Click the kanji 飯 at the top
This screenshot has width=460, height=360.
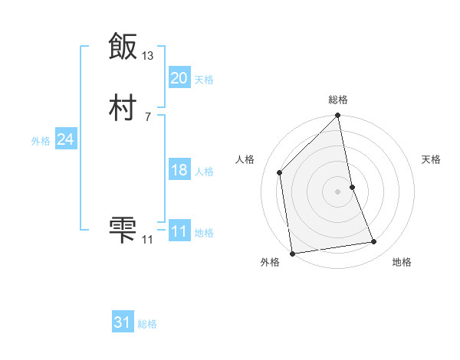(x=123, y=46)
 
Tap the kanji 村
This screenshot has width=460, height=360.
(x=123, y=108)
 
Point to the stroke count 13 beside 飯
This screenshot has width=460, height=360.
(x=148, y=56)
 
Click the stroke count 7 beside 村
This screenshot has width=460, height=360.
(x=148, y=117)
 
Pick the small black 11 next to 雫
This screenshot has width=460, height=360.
(x=148, y=240)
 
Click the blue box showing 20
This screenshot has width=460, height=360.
(x=179, y=78)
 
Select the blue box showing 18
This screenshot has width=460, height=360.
(x=179, y=170)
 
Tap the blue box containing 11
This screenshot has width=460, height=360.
(x=179, y=231)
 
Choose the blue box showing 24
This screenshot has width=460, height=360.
(x=65, y=139)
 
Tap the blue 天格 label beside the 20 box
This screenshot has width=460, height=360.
(x=204, y=80)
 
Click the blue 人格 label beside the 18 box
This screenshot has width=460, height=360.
(x=204, y=172)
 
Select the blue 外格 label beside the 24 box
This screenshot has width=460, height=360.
(x=41, y=141)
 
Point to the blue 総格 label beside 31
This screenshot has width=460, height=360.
(x=147, y=325)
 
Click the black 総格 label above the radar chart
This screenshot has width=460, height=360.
(x=338, y=100)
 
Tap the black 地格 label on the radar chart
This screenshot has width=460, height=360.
(x=402, y=263)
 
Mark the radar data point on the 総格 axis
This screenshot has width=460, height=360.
(x=338, y=116)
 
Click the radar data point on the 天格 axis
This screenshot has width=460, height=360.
(x=352, y=187)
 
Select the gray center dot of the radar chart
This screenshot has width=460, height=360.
(x=338, y=191)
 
